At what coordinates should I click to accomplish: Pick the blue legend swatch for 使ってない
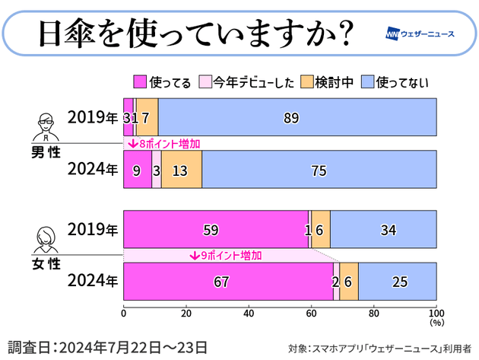point(366,82)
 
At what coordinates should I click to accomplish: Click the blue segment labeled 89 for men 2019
point(297,117)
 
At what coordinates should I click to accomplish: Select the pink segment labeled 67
point(227,282)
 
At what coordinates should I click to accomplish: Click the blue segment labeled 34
point(383,229)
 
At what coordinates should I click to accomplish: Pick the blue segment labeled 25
point(397,282)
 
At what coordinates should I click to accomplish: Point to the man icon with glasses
point(47,126)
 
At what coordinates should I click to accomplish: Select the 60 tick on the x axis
point(311,313)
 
